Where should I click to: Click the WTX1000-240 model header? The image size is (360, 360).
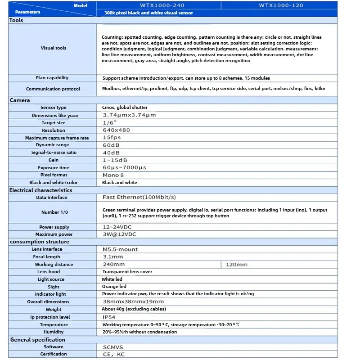pyautogui.click(x=158, y=5)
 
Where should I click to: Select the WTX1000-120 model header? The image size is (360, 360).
pyautogui.click(x=281, y=5)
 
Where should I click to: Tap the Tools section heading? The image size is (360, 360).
pyautogui.click(x=16, y=20)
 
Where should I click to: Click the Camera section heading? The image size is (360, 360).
pyautogui.click(x=20, y=100)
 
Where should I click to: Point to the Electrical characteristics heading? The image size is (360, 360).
pyautogui.click(x=40, y=190)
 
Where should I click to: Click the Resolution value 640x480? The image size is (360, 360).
pyautogui.click(x=116, y=130)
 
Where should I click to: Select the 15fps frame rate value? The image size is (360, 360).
pyautogui.click(x=112, y=137)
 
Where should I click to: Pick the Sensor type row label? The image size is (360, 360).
pyautogui.click(x=53, y=108)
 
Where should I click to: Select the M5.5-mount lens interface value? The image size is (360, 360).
pyautogui.click(x=120, y=249)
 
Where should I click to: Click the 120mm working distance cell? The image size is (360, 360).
pyautogui.click(x=237, y=265)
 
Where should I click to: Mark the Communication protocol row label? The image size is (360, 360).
pyautogui.click(x=53, y=89)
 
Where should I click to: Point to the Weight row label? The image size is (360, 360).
pyautogui.click(x=53, y=310)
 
